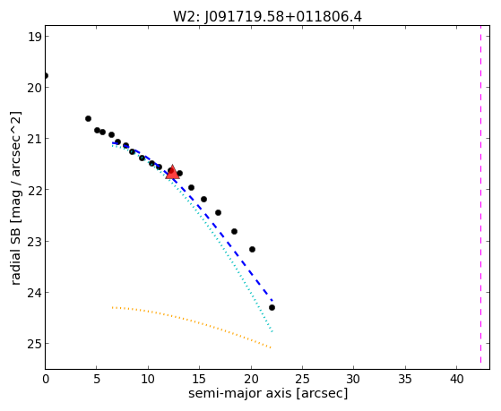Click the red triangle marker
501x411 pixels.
172,173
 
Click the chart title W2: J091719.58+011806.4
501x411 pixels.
267,16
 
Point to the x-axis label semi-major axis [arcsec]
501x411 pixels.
268,393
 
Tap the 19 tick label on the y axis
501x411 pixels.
34,37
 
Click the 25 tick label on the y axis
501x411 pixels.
34,344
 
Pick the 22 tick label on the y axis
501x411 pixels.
34,190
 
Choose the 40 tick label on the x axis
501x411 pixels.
456,379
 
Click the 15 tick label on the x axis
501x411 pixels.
199,379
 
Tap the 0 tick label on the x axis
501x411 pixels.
46,379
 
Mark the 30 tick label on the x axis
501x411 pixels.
354,379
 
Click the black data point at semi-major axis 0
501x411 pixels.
46,76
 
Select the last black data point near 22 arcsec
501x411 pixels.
272,307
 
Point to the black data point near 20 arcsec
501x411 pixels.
252,249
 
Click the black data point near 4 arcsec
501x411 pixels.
88,118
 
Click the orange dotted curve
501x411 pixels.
192,321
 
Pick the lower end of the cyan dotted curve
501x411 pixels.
272,332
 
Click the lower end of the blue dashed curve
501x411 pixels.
272,301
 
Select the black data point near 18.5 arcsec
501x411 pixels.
234,231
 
